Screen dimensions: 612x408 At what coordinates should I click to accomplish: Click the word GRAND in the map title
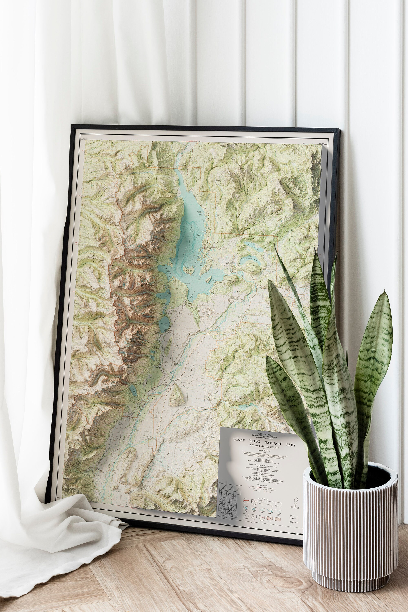[x=239, y=439]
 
